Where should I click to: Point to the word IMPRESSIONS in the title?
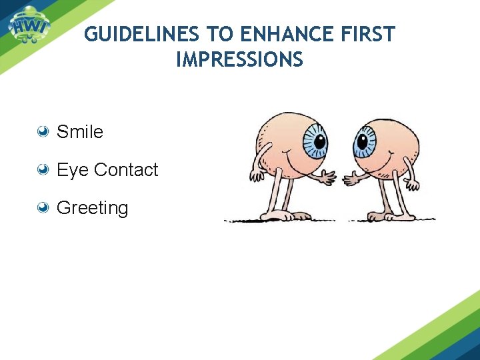point(239,60)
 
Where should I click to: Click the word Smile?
point(80,132)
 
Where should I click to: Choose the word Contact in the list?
point(126,170)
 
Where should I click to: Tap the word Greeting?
point(92,208)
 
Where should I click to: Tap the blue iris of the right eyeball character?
point(365,141)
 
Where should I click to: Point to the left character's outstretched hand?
point(327,179)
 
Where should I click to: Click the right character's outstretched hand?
point(350,179)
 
